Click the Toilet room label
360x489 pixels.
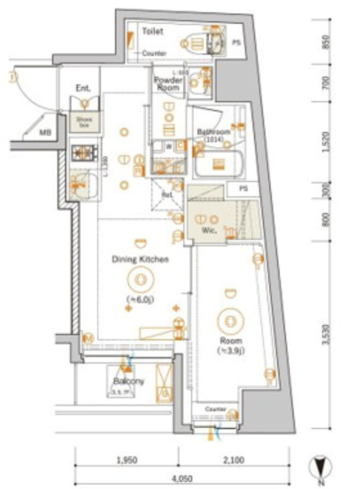pos(152,30)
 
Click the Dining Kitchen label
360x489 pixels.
pos(139,259)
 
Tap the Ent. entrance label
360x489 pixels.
pos(83,88)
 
